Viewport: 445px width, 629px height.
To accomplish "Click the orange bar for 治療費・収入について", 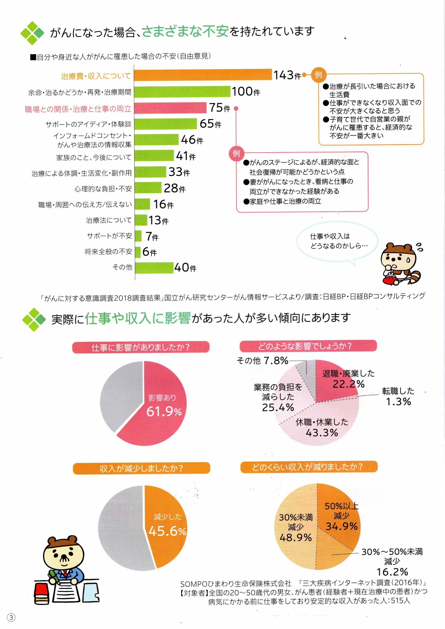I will (203, 75).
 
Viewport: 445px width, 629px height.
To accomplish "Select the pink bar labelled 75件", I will (170, 108).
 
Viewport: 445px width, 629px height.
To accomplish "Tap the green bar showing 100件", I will (182, 91).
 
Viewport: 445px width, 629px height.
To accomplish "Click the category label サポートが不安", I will (109, 236).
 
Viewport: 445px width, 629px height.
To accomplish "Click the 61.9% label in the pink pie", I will (164, 411).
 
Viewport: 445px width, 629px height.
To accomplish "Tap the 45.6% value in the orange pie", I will (167, 531).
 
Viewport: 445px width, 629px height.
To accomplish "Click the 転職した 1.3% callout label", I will (398, 396).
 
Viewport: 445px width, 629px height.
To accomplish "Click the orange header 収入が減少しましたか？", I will (141, 468).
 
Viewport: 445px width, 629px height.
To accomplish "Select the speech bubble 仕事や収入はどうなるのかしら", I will (337, 241).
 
